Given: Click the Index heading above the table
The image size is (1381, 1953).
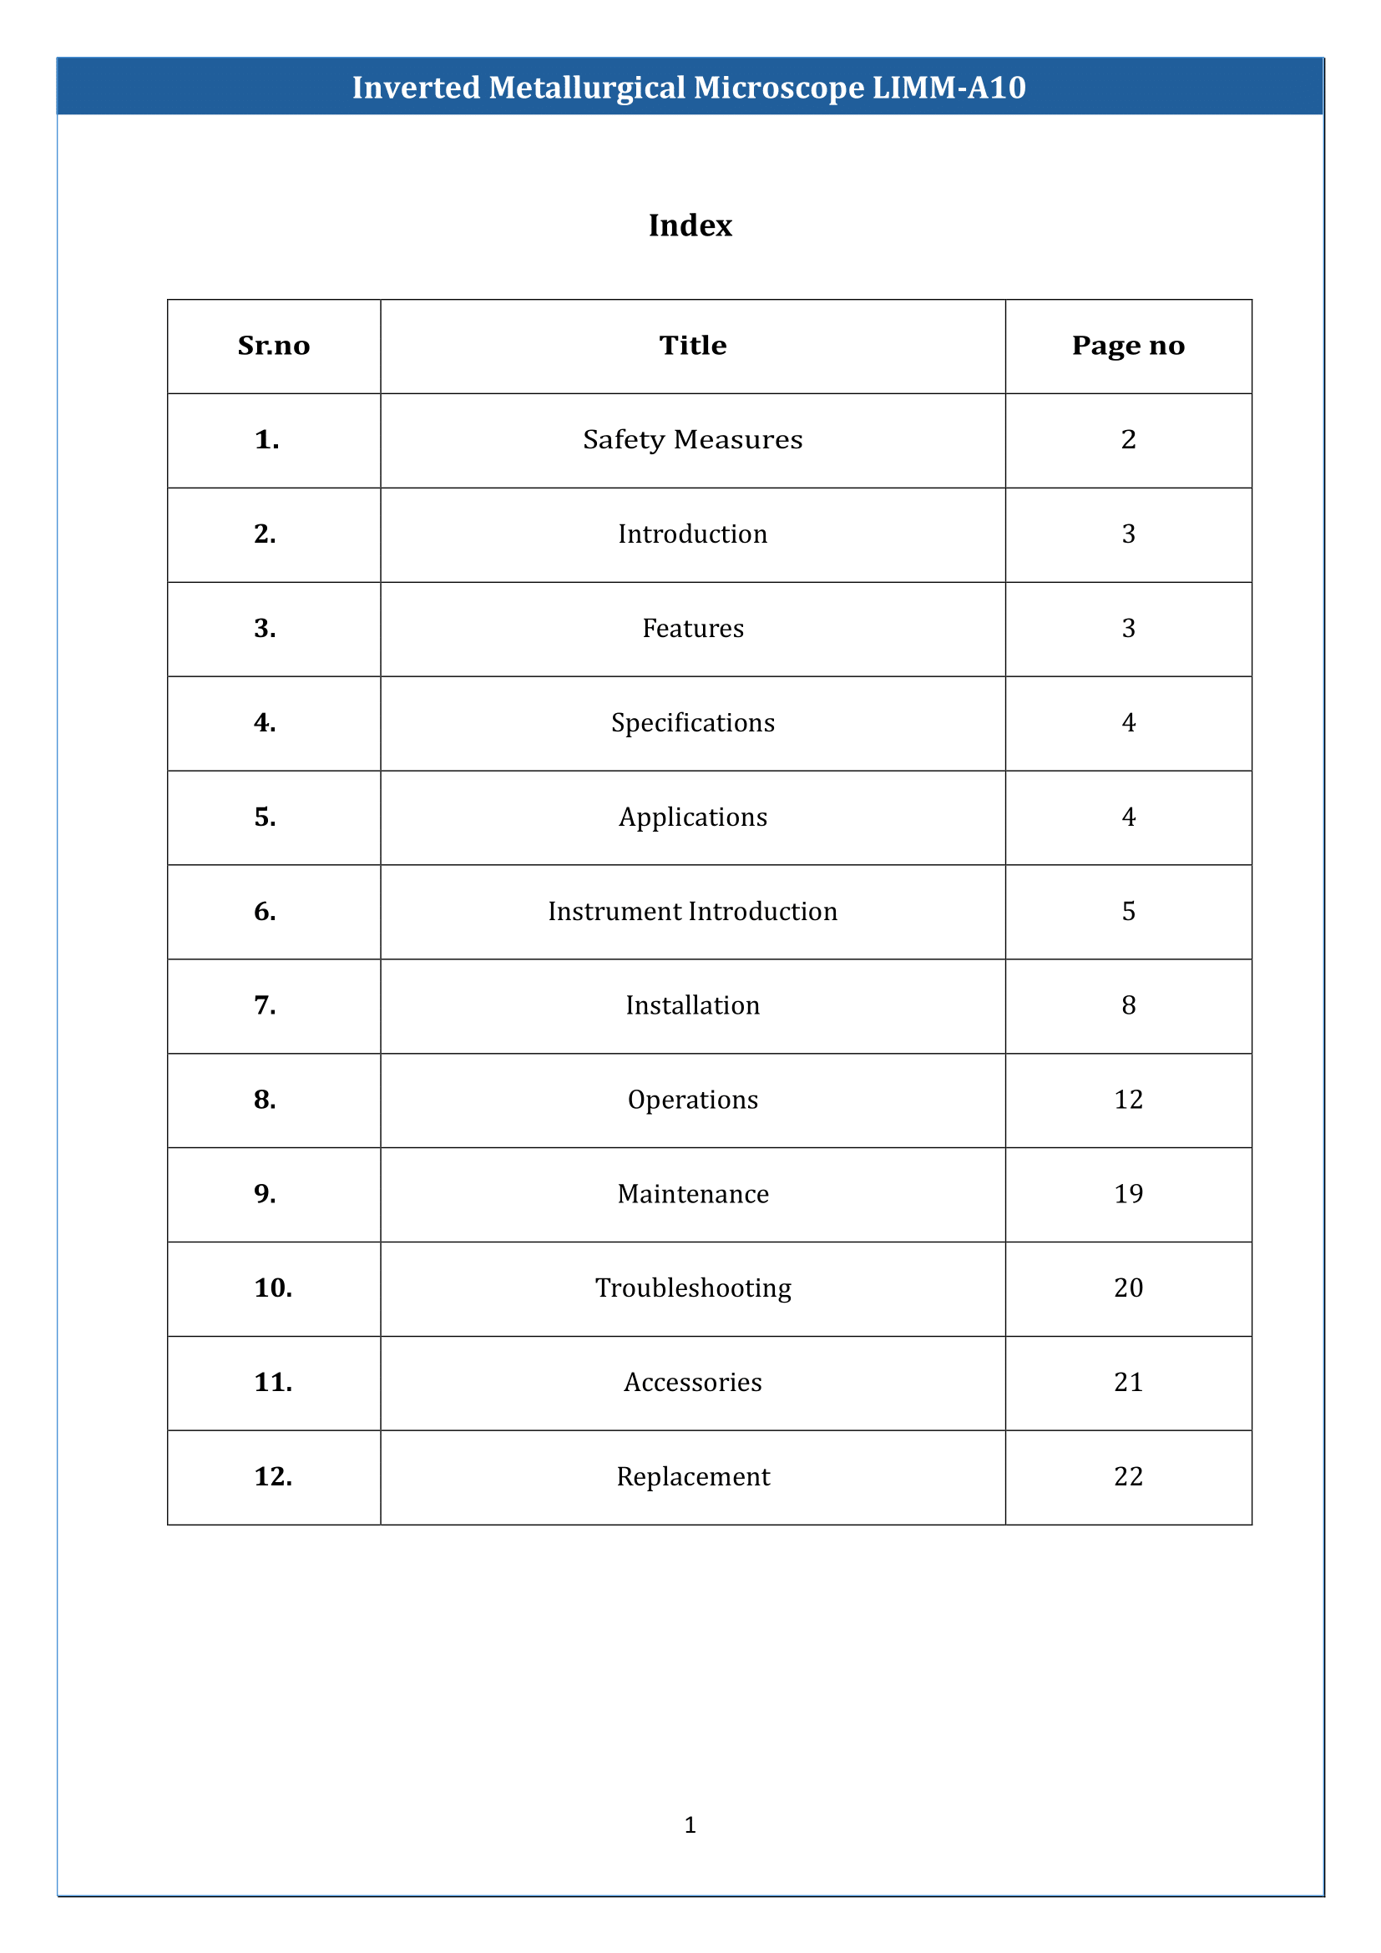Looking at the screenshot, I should [690, 225].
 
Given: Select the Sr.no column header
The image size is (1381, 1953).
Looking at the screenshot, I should [273, 346].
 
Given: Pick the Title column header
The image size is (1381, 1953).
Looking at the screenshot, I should [692, 346].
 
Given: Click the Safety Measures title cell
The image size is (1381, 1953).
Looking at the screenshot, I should [692, 440].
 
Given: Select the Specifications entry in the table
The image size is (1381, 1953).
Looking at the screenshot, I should [692, 723].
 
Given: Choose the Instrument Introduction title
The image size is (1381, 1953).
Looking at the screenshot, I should [692, 912].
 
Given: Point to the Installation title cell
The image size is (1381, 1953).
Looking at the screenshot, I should [692, 1006].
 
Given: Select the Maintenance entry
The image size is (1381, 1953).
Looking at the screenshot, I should [692, 1194].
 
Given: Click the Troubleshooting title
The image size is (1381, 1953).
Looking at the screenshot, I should [692, 1288].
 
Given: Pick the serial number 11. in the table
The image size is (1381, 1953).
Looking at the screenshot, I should [273, 1382].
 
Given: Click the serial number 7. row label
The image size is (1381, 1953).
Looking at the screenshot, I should [265, 1006].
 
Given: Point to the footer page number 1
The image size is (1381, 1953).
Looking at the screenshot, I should [690, 1824].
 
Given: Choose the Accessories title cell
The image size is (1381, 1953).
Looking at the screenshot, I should [692, 1382].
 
